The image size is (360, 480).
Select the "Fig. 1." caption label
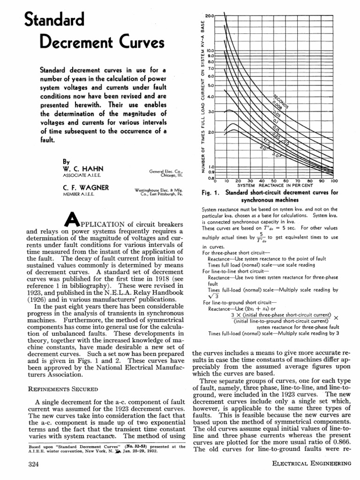point(211,193)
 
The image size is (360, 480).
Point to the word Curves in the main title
point(138,43)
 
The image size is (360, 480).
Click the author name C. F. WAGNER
point(79,187)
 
